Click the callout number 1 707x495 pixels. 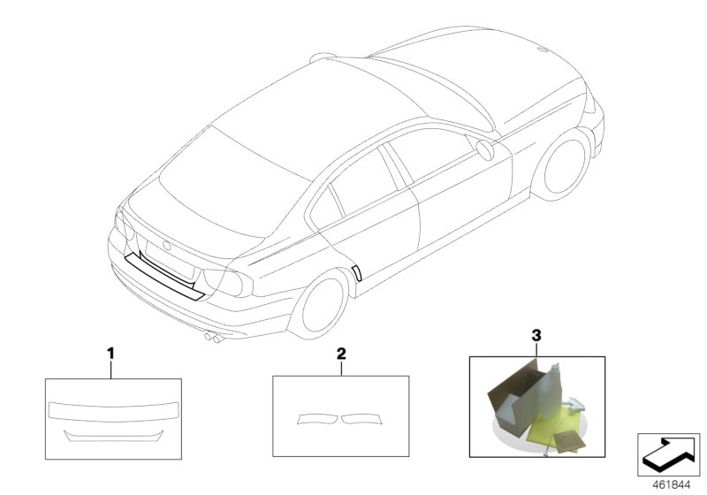click(x=111, y=354)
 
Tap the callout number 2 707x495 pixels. click(x=340, y=354)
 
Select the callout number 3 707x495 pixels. click(x=535, y=336)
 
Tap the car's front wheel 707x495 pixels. click(x=566, y=165)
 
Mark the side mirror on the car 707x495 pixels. click(x=484, y=148)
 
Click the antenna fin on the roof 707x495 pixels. click(x=323, y=57)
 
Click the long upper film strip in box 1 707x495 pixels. click(x=113, y=409)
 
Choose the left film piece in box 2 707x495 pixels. click(x=316, y=418)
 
